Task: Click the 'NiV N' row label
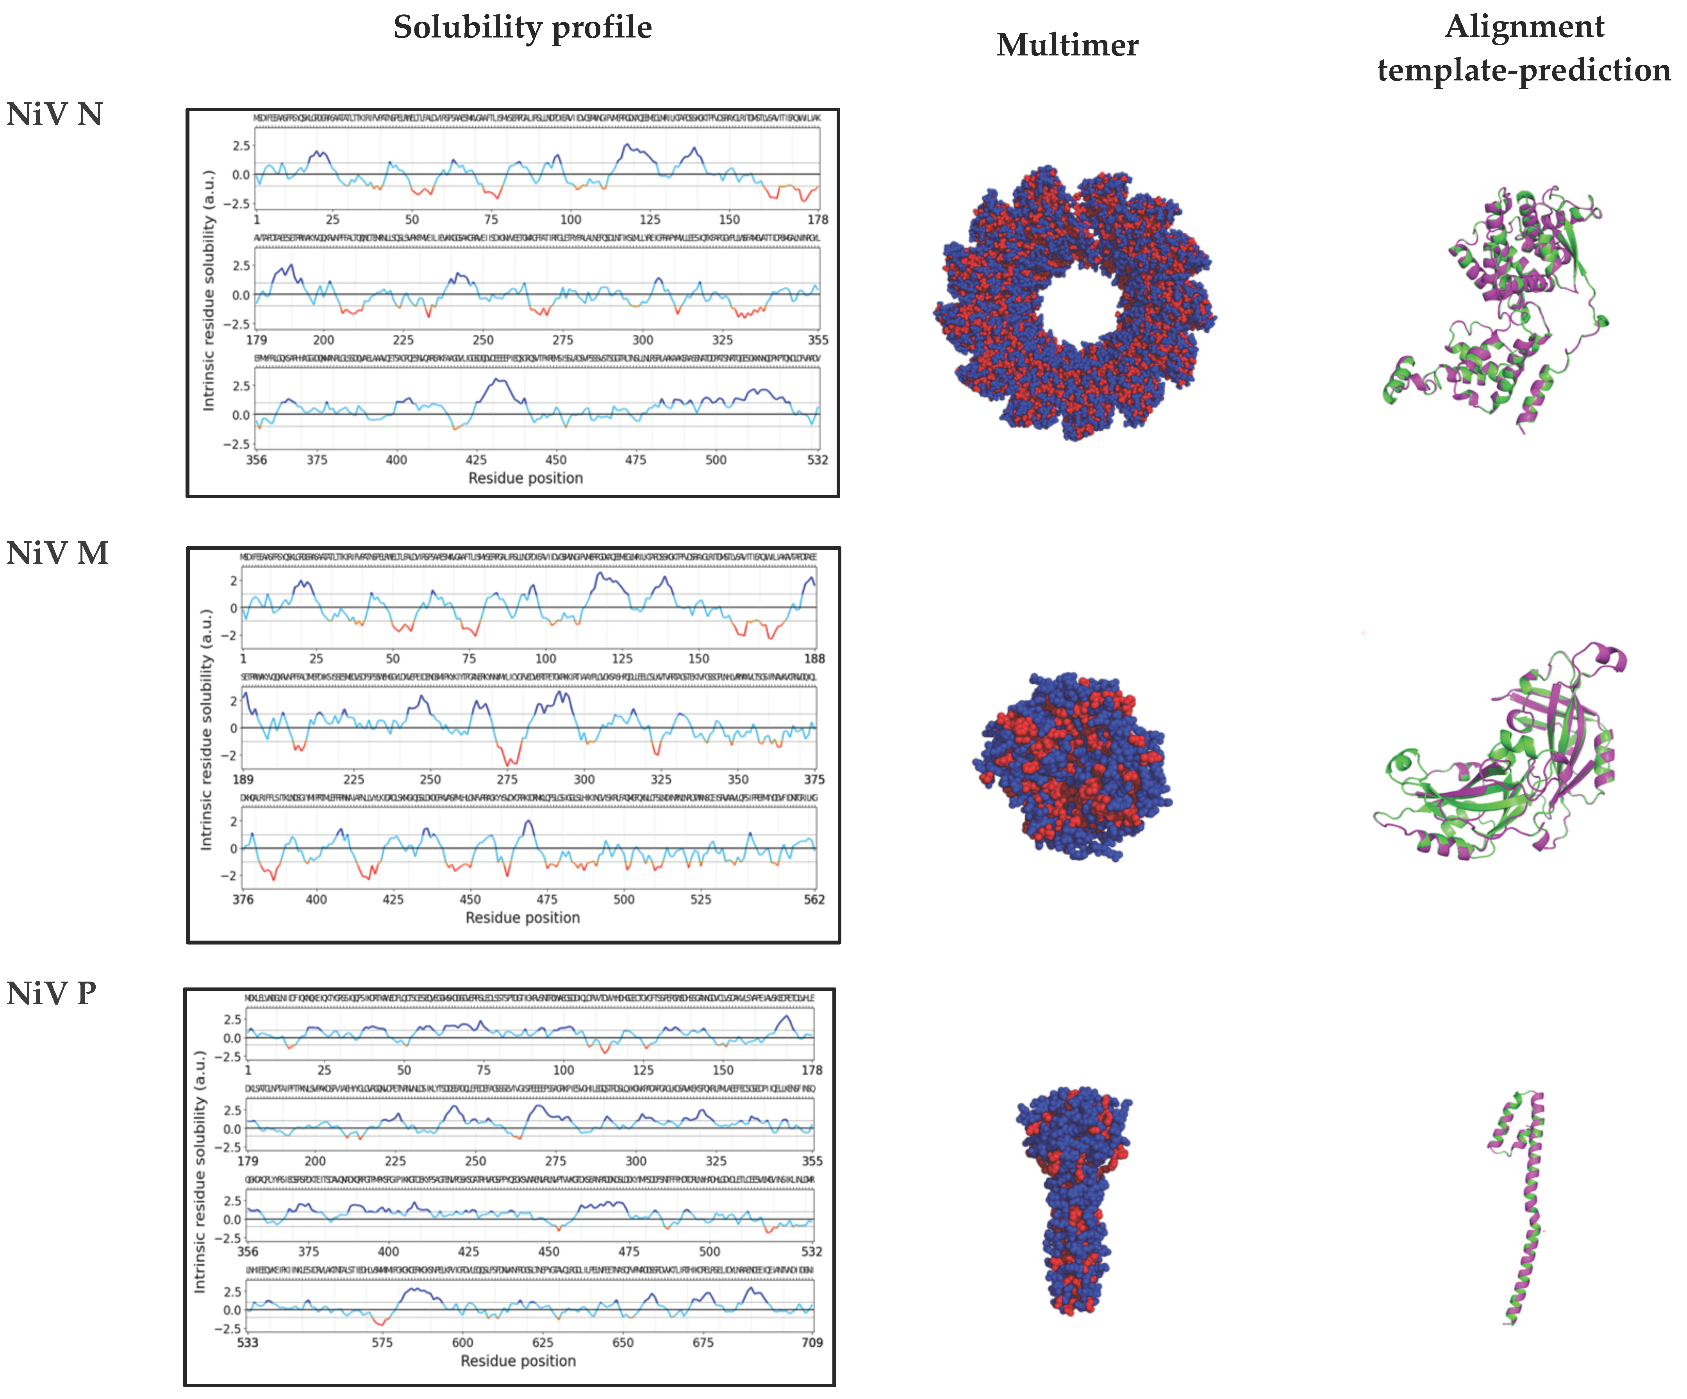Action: [55, 115]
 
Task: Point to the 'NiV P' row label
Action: [52, 993]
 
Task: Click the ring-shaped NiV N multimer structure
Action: [1075, 303]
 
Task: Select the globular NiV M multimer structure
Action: [1073, 767]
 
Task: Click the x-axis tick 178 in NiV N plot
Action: [818, 219]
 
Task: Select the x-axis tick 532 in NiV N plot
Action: [818, 460]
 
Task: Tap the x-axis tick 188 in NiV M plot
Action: [814, 659]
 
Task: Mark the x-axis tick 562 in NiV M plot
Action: [814, 900]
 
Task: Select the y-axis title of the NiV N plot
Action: [209, 291]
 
